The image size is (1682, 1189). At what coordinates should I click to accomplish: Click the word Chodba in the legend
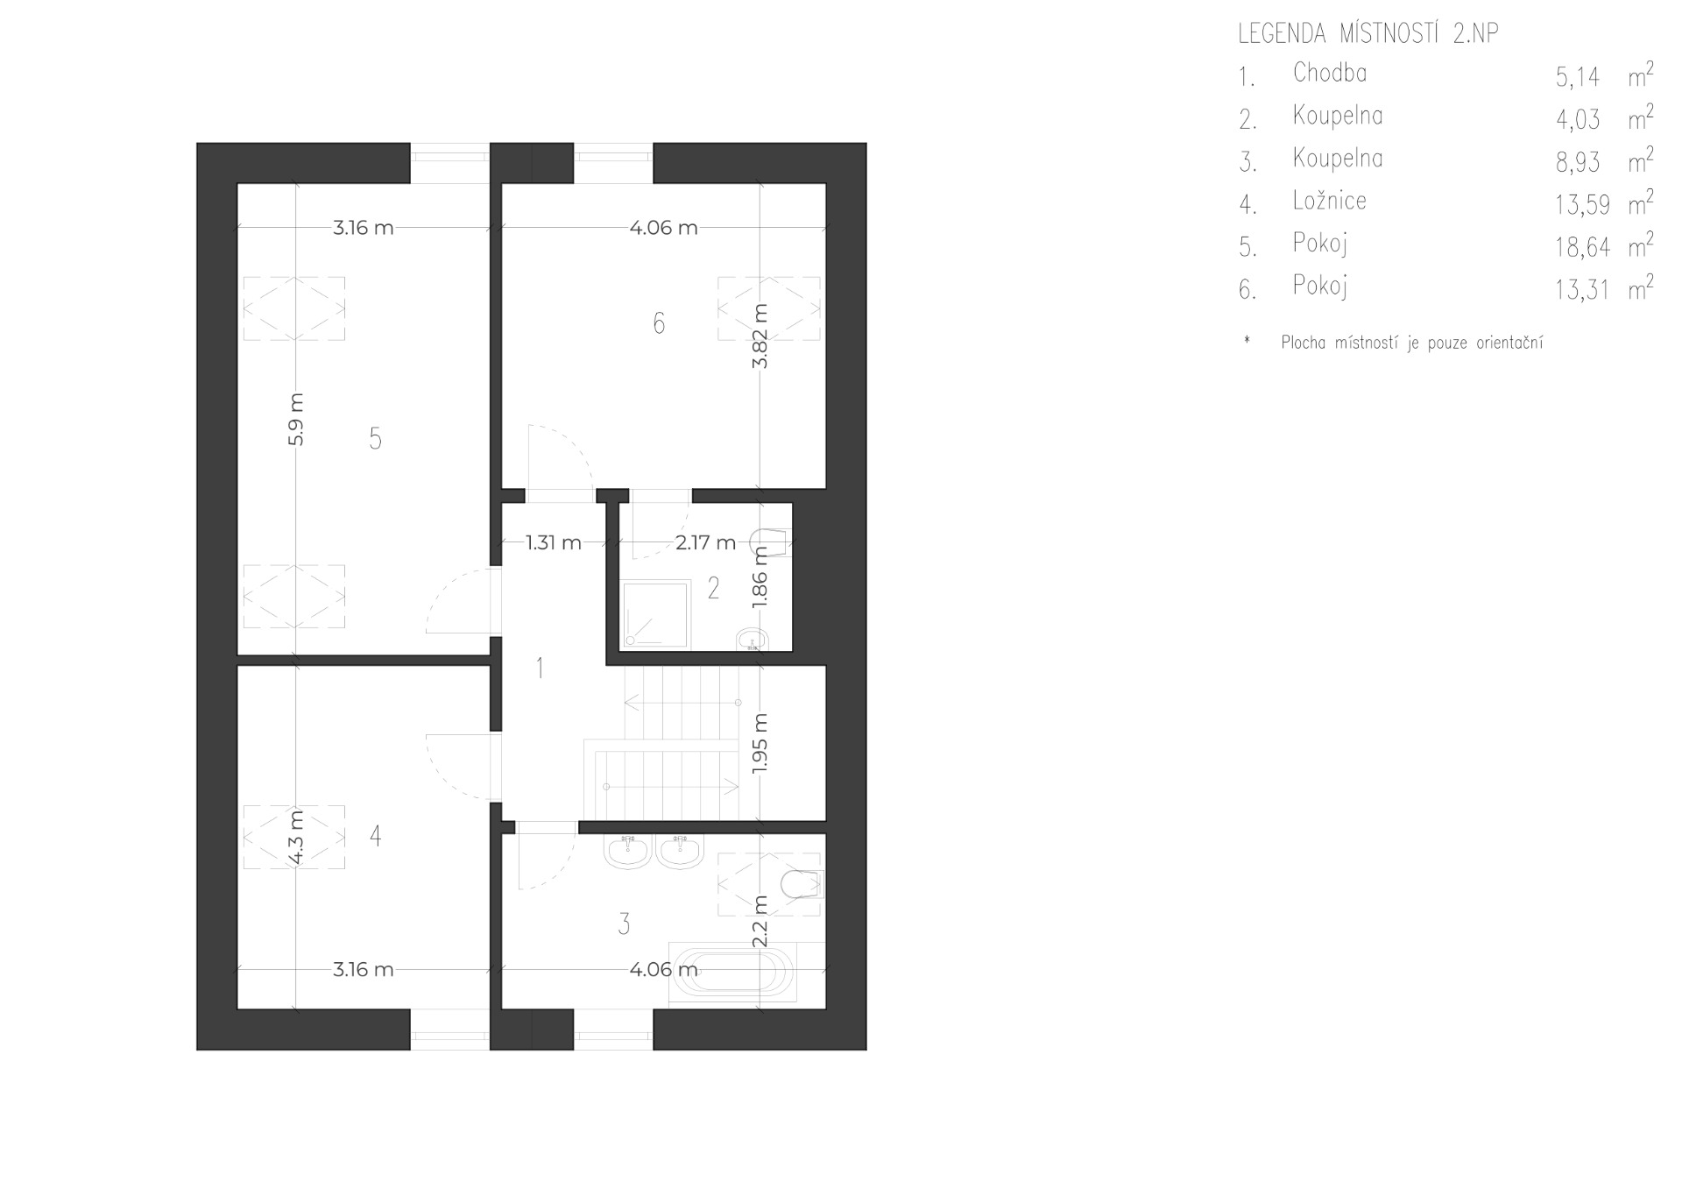[1330, 73]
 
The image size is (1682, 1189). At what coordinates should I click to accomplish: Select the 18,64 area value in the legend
[1583, 248]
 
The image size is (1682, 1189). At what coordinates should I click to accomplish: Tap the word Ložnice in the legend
[1330, 201]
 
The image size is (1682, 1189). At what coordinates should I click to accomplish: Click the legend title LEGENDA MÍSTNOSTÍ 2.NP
[1368, 34]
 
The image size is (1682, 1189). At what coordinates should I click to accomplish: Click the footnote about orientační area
[1412, 343]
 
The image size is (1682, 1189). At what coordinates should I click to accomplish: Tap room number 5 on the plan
[375, 438]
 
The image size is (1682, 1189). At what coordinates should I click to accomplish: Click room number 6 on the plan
[659, 323]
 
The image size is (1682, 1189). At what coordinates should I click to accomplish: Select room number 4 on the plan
[375, 836]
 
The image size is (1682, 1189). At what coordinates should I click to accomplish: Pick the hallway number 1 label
[540, 669]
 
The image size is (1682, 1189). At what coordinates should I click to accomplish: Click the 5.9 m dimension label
[295, 420]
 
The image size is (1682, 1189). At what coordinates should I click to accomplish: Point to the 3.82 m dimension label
[760, 336]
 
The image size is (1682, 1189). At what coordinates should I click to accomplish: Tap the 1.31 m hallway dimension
[554, 542]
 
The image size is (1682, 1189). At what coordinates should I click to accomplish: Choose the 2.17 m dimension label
[706, 542]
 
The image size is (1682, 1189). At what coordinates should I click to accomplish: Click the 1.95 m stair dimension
[760, 743]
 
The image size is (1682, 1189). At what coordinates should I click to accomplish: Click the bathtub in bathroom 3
[731, 973]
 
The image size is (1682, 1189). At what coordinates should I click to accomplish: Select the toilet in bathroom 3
[802, 886]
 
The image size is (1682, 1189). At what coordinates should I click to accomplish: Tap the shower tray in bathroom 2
[654, 614]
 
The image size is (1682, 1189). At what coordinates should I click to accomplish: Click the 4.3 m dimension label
[295, 838]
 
